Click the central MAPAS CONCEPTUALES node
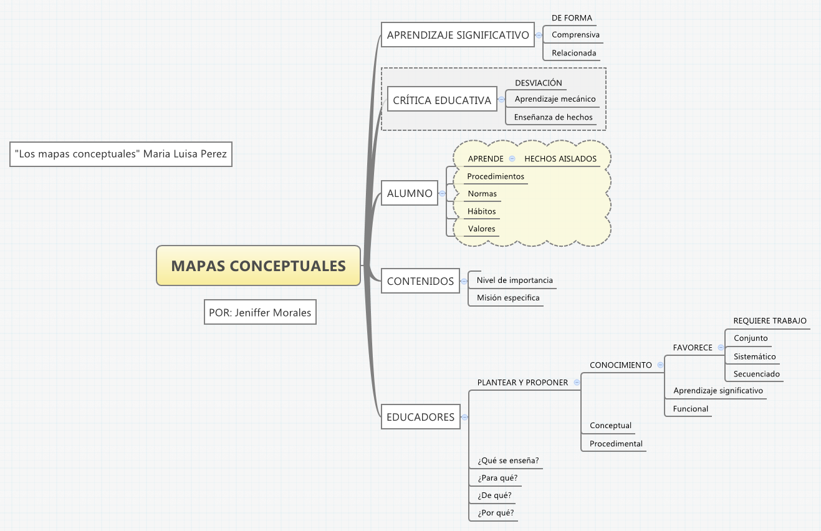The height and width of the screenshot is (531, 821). tap(258, 266)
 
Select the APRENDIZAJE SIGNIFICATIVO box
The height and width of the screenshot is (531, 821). tap(458, 36)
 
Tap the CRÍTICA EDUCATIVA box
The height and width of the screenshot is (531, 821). tap(442, 100)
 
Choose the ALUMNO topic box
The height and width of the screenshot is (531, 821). tap(410, 194)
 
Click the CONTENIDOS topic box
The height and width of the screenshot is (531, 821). tap(420, 281)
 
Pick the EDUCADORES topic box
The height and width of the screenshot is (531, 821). tap(420, 417)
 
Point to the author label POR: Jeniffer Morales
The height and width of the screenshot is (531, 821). tap(260, 313)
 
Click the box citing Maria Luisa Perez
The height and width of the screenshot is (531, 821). tap(121, 155)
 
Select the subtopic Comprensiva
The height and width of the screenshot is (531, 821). tap(575, 36)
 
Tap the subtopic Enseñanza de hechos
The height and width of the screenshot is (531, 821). tap(553, 117)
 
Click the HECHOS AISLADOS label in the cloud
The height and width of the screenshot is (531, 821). tap(560, 159)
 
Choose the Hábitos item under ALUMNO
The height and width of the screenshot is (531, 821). tap(481, 211)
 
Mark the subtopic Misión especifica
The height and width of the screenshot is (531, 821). tap(508, 298)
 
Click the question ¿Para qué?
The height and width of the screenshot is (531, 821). tap(497, 478)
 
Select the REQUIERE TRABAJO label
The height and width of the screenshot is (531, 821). tap(769, 321)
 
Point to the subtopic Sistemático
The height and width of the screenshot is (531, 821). tap(754, 357)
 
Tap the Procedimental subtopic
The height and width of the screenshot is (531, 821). tap(615, 444)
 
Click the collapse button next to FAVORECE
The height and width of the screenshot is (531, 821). tap(721, 348)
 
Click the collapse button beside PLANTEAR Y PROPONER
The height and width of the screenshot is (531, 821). tap(577, 383)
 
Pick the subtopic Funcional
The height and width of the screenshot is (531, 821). tap(690, 409)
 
